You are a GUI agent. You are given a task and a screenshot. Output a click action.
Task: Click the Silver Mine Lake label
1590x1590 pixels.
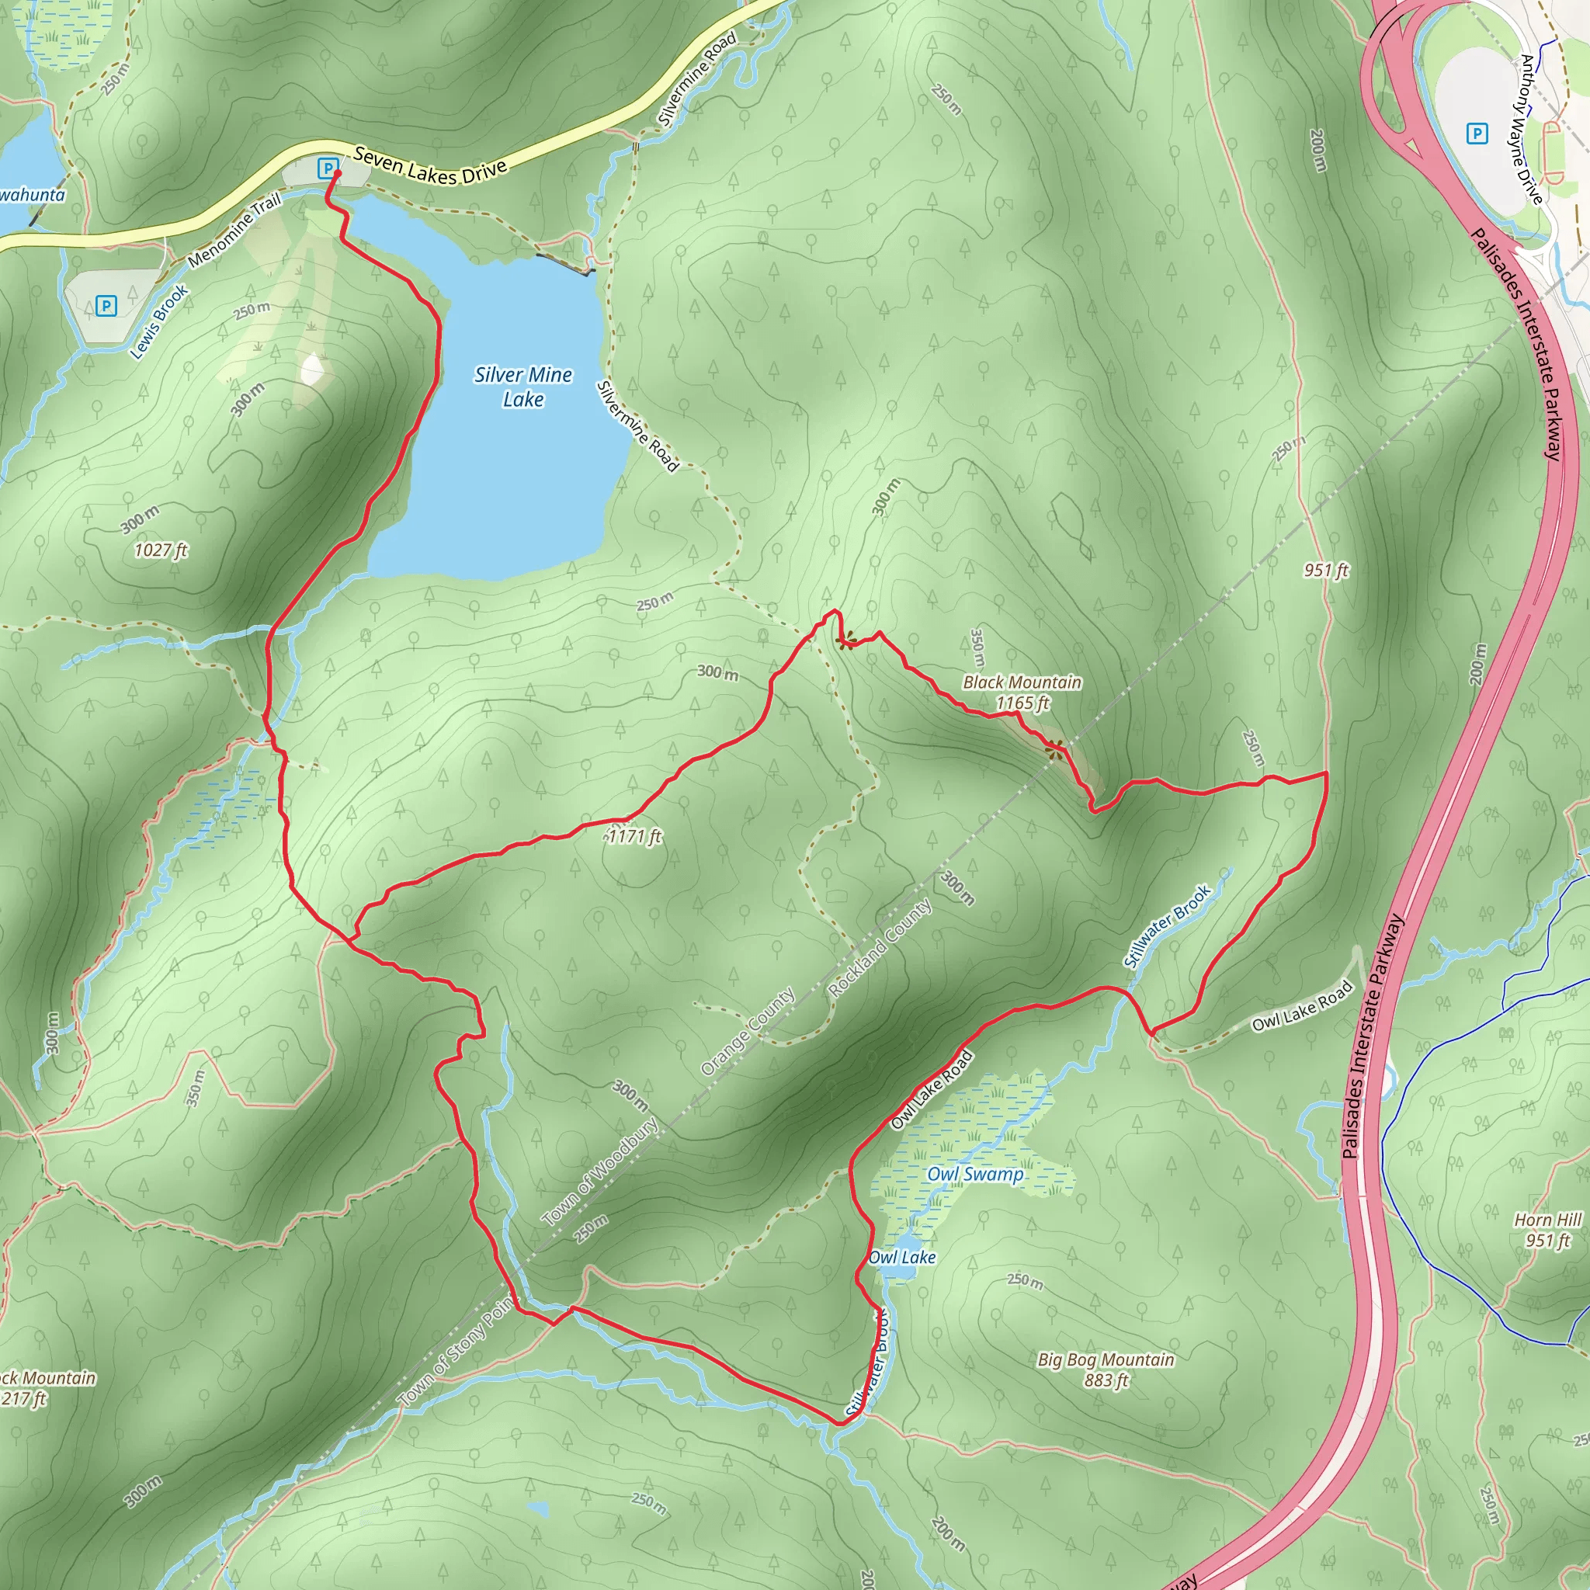click(523, 387)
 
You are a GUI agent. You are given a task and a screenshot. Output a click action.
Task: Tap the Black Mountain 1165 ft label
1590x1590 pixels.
click(1022, 692)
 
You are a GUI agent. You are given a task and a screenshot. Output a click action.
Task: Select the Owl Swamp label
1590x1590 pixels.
click(975, 1175)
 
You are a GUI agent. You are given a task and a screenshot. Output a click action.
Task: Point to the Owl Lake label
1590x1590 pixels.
click(902, 1257)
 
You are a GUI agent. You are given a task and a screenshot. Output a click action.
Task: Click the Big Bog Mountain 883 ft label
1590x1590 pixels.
click(1106, 1370)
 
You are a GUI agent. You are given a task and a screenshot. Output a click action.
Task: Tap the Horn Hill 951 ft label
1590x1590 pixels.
click(1548, 1230)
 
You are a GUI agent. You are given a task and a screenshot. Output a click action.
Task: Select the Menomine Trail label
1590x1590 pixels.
click(234, 230)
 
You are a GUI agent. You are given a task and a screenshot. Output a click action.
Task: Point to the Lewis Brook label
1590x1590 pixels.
click(160, 321)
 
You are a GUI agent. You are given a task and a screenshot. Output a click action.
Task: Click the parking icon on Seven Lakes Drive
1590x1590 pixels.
click(328, 168)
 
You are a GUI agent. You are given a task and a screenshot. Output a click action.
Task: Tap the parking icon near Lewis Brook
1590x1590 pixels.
click(106, 306)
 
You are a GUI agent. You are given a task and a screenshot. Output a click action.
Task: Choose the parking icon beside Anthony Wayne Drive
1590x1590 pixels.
click(1478, 133)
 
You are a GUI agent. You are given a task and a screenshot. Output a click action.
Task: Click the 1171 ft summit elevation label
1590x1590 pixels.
click(634, 836)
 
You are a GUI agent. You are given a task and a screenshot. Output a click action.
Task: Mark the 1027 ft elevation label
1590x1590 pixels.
click(161, 550)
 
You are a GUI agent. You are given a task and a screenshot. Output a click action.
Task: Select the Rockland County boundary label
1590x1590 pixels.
click(880, 948)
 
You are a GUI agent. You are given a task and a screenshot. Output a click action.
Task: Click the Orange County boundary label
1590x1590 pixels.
click(748, 1031)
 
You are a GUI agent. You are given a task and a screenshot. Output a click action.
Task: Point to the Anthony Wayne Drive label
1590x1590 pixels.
click(1531, 128)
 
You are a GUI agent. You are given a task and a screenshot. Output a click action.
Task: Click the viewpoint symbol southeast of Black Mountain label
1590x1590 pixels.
click(1054, 748)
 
